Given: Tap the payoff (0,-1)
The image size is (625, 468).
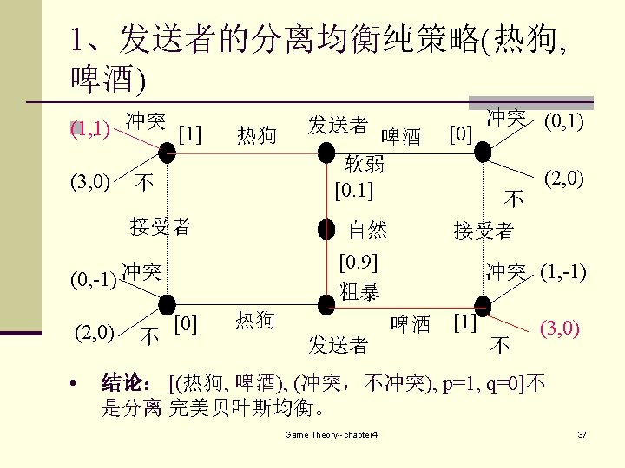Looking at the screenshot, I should (x=94, y=280).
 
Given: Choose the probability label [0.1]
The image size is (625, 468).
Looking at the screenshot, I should (x=354, y=187).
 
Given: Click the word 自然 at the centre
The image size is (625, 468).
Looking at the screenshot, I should (x=367, y=230).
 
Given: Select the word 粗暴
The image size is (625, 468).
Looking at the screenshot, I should (x=359, y=292).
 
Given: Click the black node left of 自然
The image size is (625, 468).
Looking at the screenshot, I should (x=326, y=230).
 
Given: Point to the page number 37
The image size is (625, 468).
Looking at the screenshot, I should (x=583, y=433).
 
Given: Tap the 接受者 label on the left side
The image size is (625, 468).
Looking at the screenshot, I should (x=160, y=227).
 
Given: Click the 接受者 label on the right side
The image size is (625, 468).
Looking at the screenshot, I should (x=484, y=231).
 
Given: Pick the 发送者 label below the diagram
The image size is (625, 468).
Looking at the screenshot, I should (x=338, y=346).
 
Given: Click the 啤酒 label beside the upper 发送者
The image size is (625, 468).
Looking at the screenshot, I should (x=401, y=137).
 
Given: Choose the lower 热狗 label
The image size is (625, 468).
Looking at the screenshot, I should (x=255, y=320).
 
